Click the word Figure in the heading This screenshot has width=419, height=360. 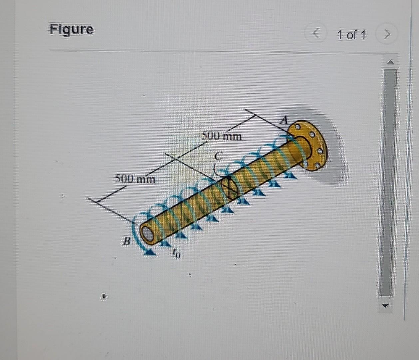(72, 29)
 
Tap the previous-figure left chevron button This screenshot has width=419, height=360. (317, 34)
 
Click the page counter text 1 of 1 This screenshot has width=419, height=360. (351, 35)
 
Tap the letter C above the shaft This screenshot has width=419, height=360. (218, 156)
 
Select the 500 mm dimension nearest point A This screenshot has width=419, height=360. (222, 136)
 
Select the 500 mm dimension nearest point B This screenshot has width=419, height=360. (135, 179)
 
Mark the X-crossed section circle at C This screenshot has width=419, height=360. (230, 188)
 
